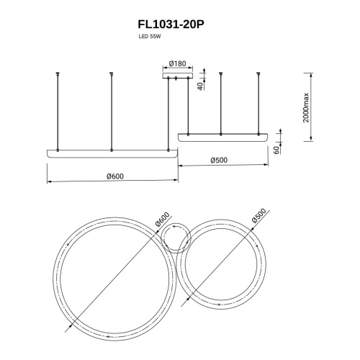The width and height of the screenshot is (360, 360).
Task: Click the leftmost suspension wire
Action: coord(56,112)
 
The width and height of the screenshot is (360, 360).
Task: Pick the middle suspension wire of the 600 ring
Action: coord(112,112)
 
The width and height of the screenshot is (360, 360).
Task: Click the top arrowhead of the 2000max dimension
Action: coord(311,74)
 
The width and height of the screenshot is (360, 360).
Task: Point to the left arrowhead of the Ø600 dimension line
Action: coord(49,181)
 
